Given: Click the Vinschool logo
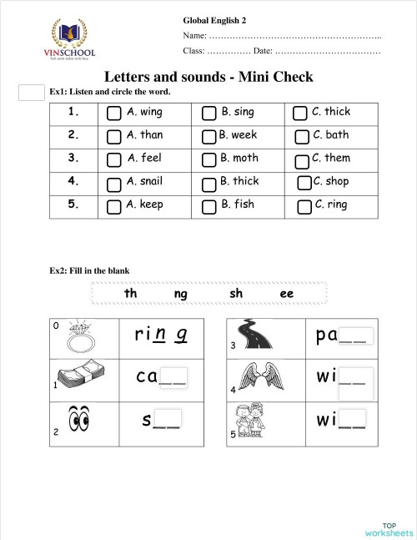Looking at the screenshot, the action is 73,40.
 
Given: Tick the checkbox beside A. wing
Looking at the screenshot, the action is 114,113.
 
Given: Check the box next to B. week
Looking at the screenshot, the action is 208,136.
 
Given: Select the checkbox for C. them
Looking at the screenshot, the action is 302,159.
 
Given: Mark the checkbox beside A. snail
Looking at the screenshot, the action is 114,183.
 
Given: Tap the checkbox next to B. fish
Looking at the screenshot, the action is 208,206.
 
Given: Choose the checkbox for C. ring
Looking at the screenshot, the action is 304,206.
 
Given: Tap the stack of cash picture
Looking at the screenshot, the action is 78,376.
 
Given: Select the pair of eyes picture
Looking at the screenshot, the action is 79,420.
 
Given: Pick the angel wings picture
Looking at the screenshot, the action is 257,377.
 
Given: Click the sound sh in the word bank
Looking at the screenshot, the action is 236,294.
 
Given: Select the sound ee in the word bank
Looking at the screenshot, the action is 287,294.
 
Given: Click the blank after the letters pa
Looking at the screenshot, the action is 353,336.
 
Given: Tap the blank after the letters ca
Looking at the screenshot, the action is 173,378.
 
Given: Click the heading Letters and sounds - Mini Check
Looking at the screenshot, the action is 208,77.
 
